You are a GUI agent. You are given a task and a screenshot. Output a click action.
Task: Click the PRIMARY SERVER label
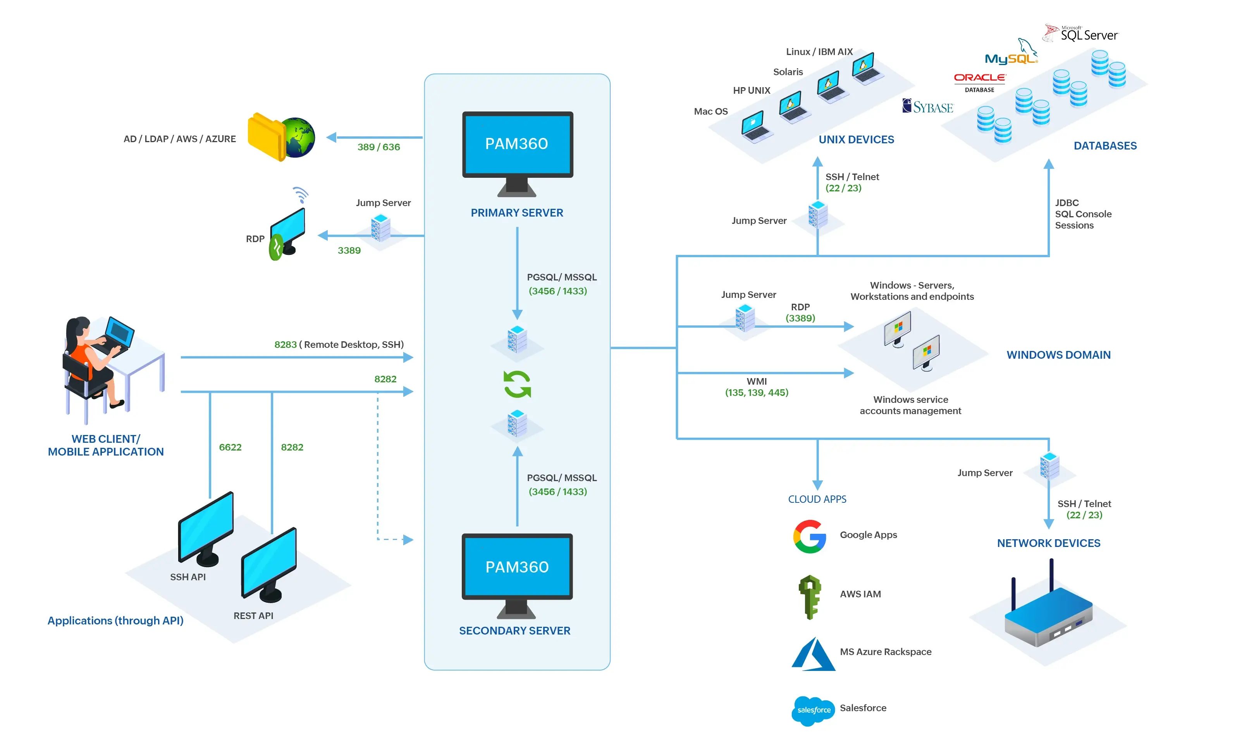click(x=517, y=213)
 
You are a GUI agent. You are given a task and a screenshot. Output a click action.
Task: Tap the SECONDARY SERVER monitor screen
click(x=517, y=566)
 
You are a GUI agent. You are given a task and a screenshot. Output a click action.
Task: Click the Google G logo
click(x=810, y=536)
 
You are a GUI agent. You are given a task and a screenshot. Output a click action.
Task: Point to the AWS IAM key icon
click(x=810, y=596)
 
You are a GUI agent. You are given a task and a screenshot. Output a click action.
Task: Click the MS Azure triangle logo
click(x=814, y=654)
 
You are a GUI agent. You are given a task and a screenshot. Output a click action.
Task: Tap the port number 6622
click(x=230, y=447)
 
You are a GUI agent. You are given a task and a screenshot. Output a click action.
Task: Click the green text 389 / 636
click(x=378, y=147)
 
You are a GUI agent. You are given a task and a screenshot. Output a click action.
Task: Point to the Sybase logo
click(x=928, y=107)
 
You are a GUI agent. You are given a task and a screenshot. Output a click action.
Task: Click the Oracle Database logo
click(x=979, y=82)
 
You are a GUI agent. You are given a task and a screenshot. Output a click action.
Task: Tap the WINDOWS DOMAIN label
click(x=1059, y=355)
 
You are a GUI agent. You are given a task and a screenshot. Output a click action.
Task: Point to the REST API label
click(x=253, y=616)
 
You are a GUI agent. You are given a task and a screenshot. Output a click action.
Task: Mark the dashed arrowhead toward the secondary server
click(x=408, y=540)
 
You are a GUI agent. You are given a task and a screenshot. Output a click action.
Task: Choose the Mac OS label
click(x=710, y=111)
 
